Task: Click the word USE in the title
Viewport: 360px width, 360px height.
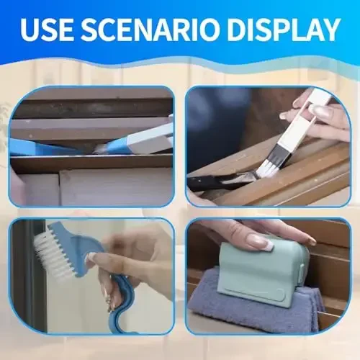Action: (51, 30)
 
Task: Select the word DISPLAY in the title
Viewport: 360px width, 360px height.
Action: (292, 30)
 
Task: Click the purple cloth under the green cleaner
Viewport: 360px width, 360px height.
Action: (238, 312)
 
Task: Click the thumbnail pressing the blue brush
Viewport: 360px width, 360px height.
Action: (91, 257)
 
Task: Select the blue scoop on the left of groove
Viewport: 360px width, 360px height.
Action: (43, 148)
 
